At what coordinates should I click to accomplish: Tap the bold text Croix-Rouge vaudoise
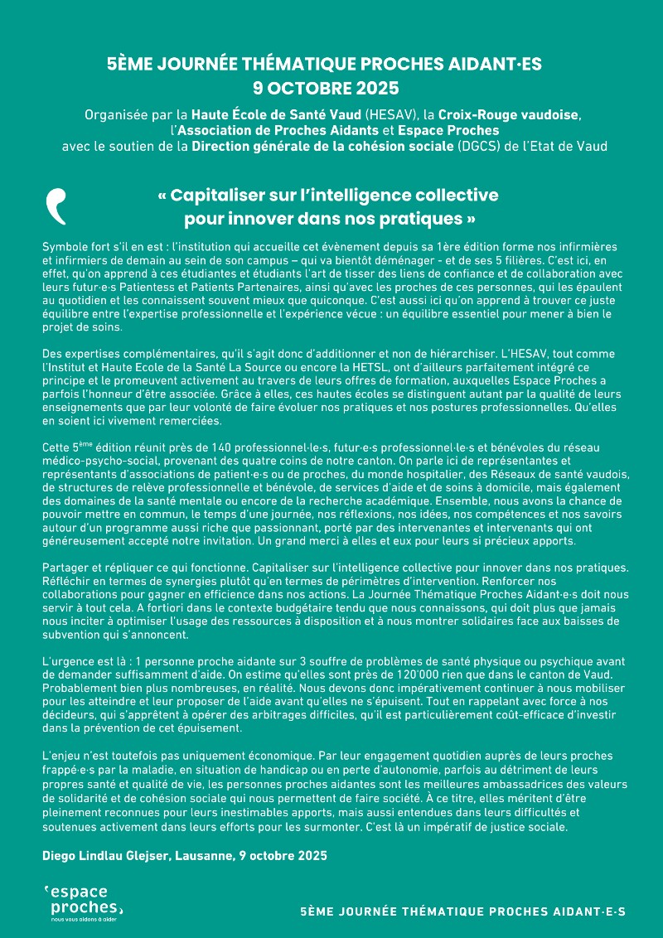pos(509,114)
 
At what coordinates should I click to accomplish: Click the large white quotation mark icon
pos(56,206)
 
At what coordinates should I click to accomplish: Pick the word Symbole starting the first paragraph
pos(65,249)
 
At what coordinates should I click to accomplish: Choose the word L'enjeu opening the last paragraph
pos(64,758)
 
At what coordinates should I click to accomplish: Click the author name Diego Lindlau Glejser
pos(106,854)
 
